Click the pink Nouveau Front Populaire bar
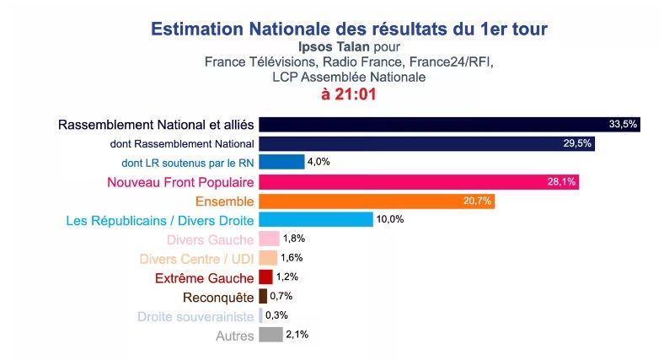pyautogui.click(x=418, y=182)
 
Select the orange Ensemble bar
pyautogui.click(x=376, y=201)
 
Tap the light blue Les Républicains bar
pyautogui.click(x=315, y=220)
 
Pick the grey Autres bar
pyautogui.click(x=270, y=335)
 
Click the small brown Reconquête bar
pyautogui.click(x=263, y=296)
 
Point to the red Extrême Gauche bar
pyautogui.click(x=265, y=277)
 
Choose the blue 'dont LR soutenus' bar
pyautogui.click(x=281, y=162)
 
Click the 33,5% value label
pyautogui.click(x=623, y=125)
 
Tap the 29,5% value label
pyautogui.click(x=578, y=143)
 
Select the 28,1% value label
pyautogui.click(x=563, y=182)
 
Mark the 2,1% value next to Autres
pyautogui.click(x=297, y=335)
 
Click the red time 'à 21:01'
pyautogui.click(x=348, y=94)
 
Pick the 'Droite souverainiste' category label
pyautogui.click(x=195, y=316)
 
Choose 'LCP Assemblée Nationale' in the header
pyautogui.click(x=349, y=77)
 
